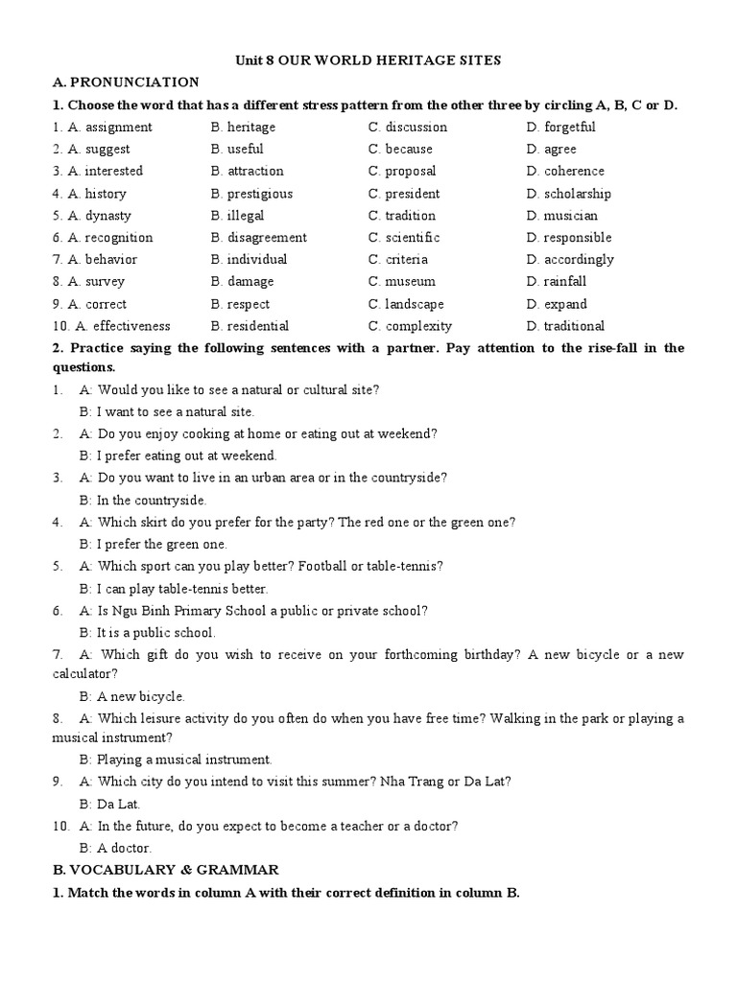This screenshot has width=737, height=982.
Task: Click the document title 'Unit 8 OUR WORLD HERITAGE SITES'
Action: [368, 60]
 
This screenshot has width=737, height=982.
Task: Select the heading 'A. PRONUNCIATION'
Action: [126, 82]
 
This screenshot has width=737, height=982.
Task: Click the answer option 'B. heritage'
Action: [243, 128]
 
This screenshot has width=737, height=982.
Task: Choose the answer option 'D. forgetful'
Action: [560, 128]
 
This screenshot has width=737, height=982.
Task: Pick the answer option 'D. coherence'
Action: [565, 172]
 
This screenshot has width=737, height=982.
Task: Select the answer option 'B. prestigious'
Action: [251, 194]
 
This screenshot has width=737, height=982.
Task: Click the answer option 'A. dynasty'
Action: [99, 216]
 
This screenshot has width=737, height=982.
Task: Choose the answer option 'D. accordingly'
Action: [570, 260]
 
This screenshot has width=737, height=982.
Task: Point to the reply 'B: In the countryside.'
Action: [143, 501]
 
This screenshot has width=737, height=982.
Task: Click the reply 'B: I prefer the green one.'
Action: [154, 545]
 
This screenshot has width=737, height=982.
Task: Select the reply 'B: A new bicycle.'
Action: [132, 697]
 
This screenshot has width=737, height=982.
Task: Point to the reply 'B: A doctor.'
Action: [115, 849]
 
